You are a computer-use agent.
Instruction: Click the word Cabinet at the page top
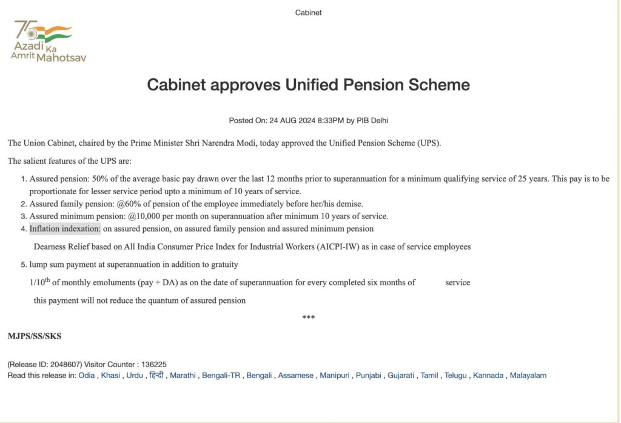pos(308,13)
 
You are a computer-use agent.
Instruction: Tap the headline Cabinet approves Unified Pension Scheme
pos(308,85)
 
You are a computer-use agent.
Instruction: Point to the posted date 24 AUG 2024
pos(289,120)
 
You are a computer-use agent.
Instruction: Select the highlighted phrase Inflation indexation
pos(65,229)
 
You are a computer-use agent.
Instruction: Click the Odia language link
pos(87,376)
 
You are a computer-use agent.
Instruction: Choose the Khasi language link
pos(110,376)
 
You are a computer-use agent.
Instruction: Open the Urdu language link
pos(135,376)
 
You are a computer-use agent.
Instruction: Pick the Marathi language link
pos(183,376)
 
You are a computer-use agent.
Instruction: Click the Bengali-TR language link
pos(222,376)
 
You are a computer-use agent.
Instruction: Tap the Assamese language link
pos(296,376)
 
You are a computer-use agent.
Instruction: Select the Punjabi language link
pos(368,376)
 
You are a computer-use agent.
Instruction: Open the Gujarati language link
pos(401,376)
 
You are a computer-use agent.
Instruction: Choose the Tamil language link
pos(430,376)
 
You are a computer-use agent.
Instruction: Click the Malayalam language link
pos(528,376)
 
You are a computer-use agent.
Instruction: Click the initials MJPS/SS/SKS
pos(35,336)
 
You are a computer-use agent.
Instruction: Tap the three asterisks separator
pos(308,317)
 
